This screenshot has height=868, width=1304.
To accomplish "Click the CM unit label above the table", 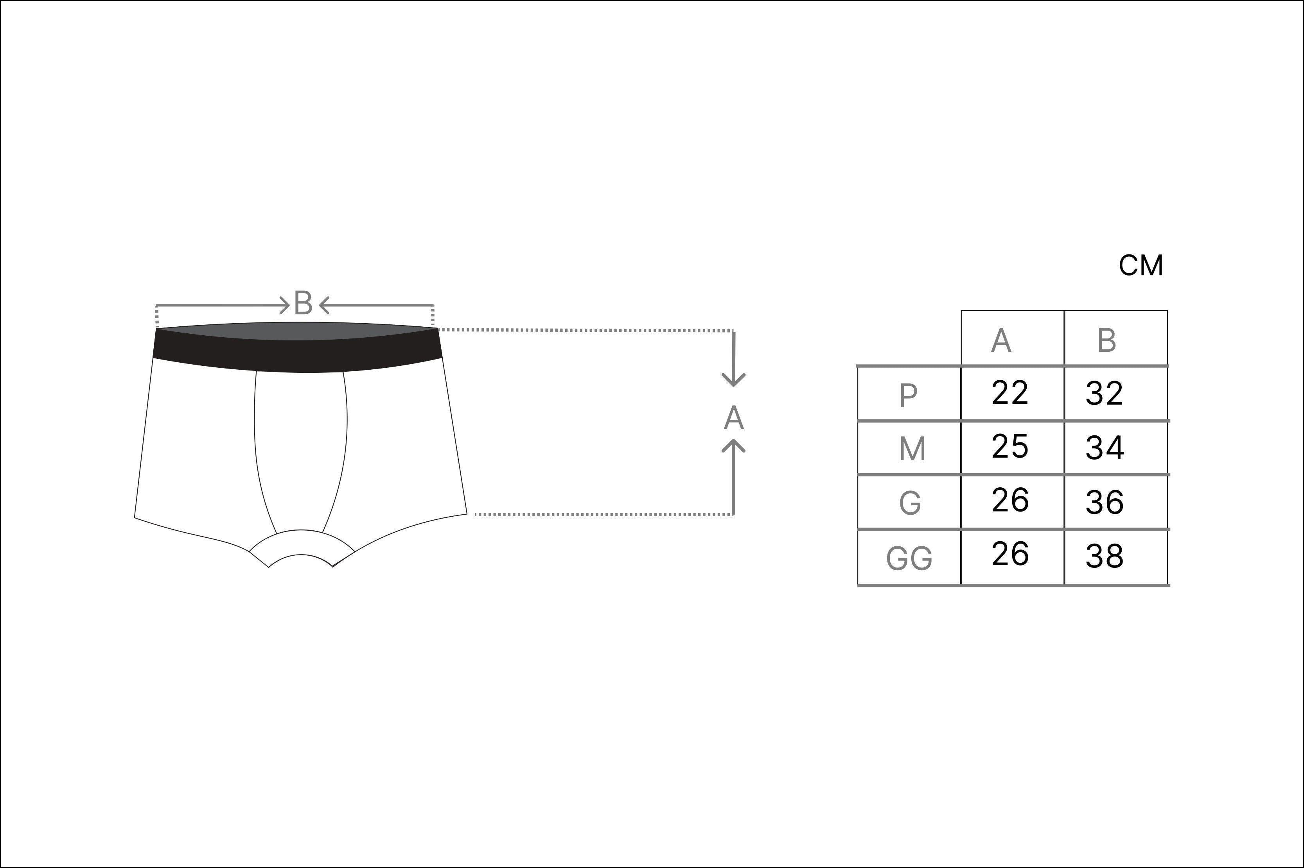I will [1141, 266].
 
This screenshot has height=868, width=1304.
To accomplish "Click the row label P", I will [908, 395].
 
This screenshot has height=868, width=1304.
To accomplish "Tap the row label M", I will [912, 449].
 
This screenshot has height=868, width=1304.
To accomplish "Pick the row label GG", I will [909, 558].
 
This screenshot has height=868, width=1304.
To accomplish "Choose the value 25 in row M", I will [1009, 446].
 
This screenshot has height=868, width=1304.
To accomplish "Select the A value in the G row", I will [1010, 500].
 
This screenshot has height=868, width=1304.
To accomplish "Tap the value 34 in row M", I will [1104, 448].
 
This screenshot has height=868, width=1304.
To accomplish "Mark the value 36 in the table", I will [1104, 502].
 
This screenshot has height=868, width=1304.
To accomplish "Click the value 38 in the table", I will [1104, 556].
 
